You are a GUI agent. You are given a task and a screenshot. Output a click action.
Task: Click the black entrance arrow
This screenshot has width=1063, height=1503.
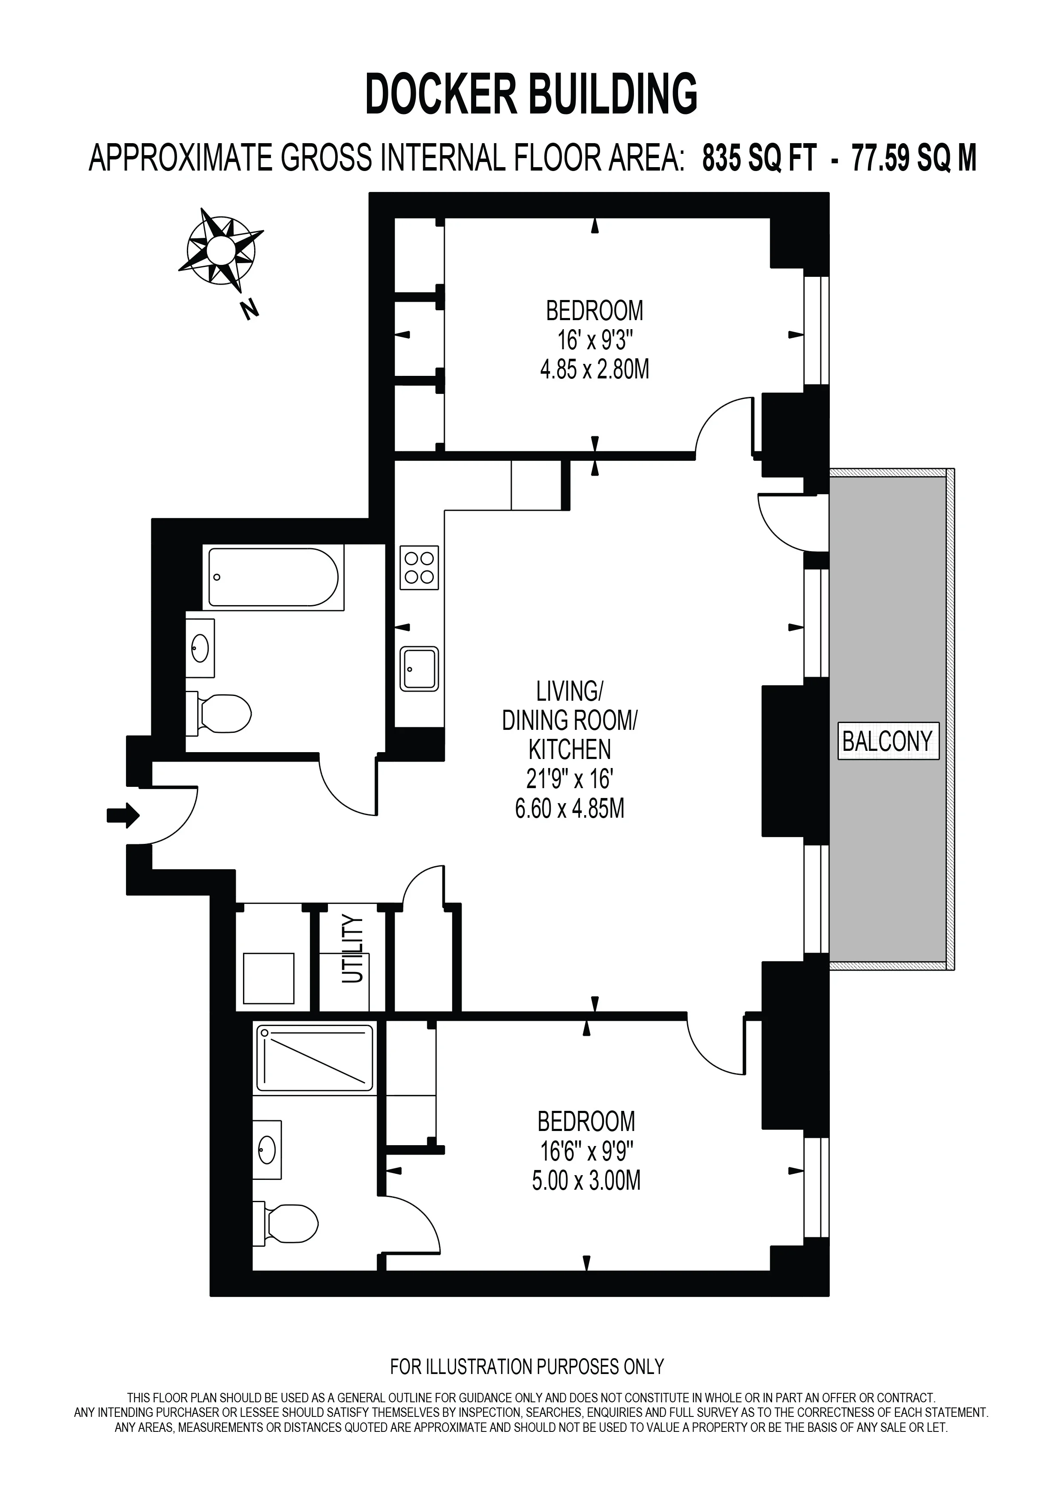click(x=123, y=815)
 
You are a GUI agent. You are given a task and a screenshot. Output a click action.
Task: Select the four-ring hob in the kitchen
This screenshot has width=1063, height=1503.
click(x=419, y=567)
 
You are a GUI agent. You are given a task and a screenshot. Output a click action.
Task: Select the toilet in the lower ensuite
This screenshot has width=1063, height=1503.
click(x=285, y=1223)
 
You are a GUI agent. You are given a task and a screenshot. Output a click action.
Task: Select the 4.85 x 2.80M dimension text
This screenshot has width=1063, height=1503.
click(x=595, y=370)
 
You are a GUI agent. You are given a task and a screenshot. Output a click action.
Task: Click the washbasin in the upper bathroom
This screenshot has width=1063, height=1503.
click(x=200, y=648)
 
